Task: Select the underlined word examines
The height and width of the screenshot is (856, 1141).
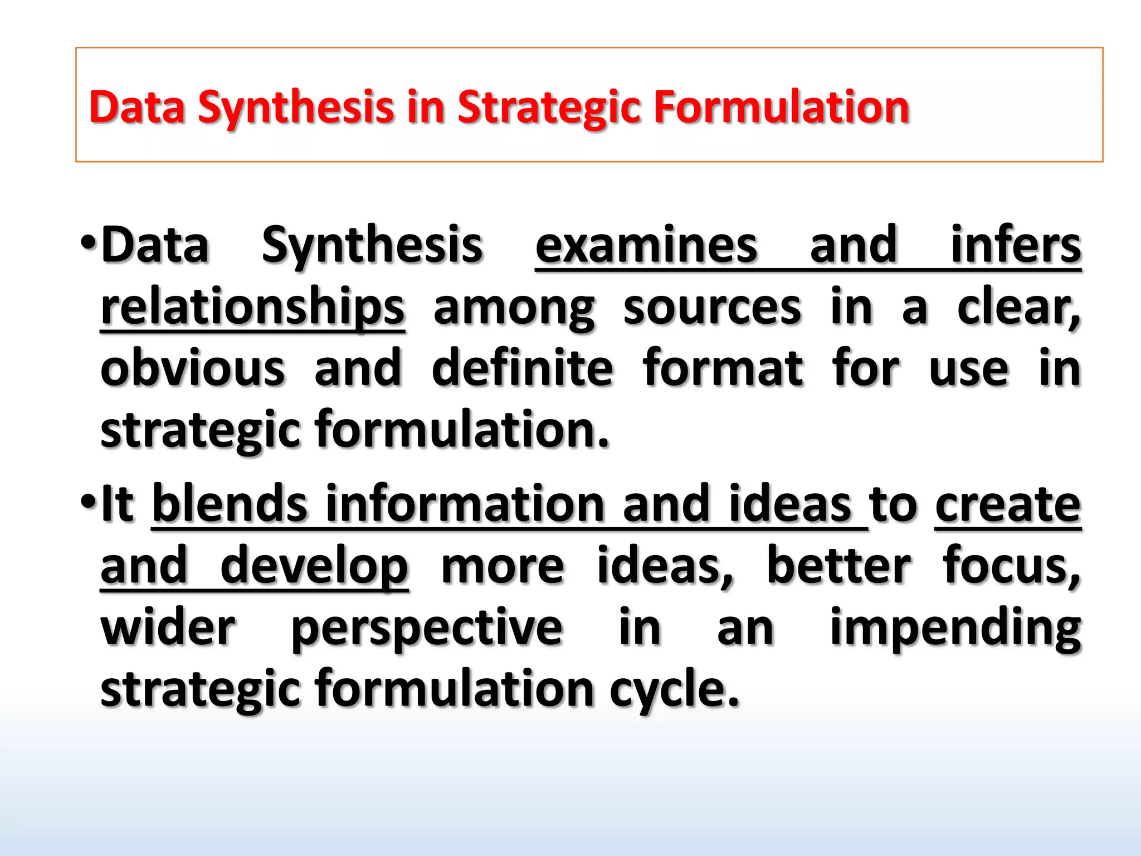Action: (x=646, y=245)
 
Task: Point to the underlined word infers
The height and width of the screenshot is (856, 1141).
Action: (x=1015, y=245)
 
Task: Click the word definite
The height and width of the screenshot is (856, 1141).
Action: (x=522, y=368)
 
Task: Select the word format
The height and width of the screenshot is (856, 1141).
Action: (x=723, y=368)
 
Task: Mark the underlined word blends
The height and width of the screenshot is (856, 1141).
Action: (x=230, y=504)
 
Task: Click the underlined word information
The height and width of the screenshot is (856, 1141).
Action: (x=465, y=504)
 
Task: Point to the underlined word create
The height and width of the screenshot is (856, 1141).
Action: (x=1007, y=505)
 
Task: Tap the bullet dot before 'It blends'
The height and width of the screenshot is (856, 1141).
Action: (x=88, y=502)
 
